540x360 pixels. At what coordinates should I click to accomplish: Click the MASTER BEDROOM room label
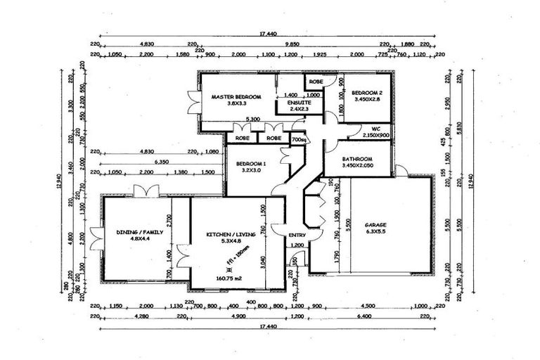[236, 96]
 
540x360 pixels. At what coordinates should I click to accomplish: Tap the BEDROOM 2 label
[366, 93]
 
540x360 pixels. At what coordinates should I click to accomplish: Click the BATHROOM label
[357, 159]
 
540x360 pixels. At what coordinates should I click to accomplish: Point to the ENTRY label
[297, 235]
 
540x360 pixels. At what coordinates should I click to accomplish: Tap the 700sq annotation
[297, 139]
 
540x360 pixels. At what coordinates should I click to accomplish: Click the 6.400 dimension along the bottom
[364, 317]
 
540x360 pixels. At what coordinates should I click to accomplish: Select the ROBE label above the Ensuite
[315, 82]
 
